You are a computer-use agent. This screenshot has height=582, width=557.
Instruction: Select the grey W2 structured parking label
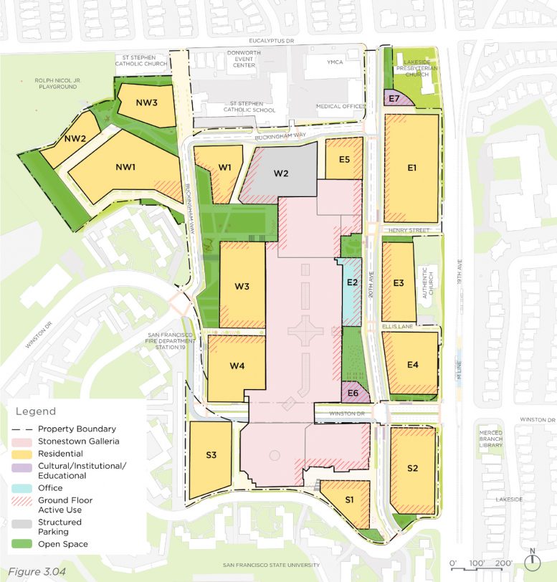point(281,173)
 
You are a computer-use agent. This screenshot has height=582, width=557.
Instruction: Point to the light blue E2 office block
point(351,282)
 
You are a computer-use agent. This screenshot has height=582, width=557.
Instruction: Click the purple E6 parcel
point(353,393)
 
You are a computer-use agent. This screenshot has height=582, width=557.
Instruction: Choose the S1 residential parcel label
point(349,499)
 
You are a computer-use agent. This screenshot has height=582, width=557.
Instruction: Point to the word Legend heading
point(35,411)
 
